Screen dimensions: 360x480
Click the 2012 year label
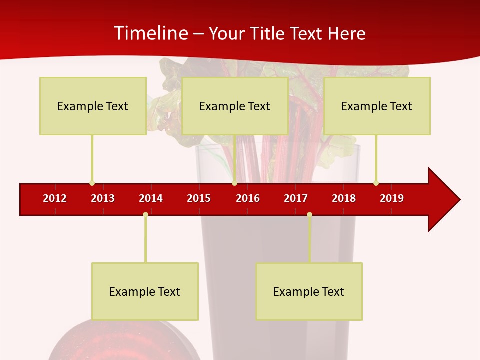click(x=55, y=198)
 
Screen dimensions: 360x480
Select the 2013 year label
click(x=103, y=198)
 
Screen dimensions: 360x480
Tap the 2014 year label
click(x=151, y=198)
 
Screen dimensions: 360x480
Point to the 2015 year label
click(x=199, y=198)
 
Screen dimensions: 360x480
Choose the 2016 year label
click(x=248, y=198)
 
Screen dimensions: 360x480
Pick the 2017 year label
click(x=296, y=198)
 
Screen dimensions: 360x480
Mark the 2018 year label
click(x=344, y=198)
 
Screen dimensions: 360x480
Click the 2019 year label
click(x=392, y=198)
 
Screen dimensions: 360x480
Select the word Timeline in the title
click(x=150, y=33)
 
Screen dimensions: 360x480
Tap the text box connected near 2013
click(x=93, y=106)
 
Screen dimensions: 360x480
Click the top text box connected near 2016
click(x=235, y=106)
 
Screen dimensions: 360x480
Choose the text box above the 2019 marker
click(x=377, y=106)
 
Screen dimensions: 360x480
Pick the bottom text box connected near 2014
click(x=145, y=291)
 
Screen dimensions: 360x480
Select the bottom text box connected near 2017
click(x=309, y=291)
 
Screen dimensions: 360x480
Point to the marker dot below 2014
click(x=145, y=214)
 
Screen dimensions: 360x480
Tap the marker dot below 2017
click(x=309, y=214)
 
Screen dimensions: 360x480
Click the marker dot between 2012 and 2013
click(x=92, y=183)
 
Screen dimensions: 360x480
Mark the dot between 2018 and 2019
click(x=376, y=183)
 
